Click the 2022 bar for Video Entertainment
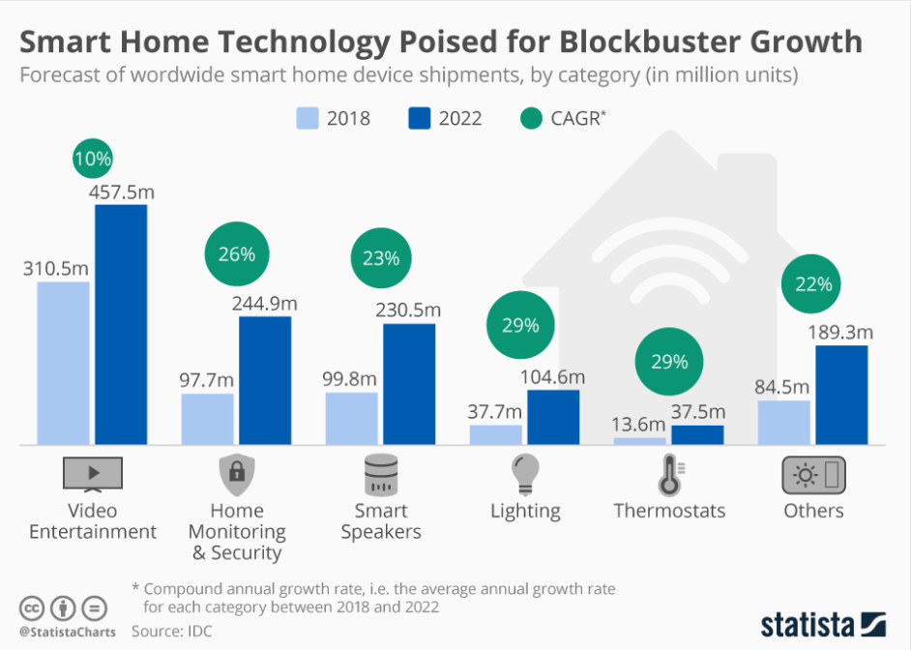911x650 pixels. pyautogui.click(x=121, y=324)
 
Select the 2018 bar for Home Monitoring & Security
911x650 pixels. pyautogui.click(x=207, y=419)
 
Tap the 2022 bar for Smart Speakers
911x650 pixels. pyautogui.click(x=409, y=384)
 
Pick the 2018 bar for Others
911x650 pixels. pyautogui.click(x=783, y=423)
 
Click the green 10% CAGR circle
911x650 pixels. pyautogui.click(x=94, y=158)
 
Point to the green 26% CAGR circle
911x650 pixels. pyautogui.click(x=237, y=254)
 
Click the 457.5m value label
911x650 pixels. pyautogui.click(x=122, y=192)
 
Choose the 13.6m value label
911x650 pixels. pyautogui.click(x=639, y=424)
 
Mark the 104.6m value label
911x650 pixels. pyautogui.click(x=554, y=377)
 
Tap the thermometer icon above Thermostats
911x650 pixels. pyautogui.click(x=668, y=476)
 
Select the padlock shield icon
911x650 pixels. pyautogui.click(x=236, y=474)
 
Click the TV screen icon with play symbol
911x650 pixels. pyautogui.click(x=93, y=474)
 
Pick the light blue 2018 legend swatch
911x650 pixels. pyautogui.click(x=307, y=119)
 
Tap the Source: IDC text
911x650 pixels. pyautogui.click(x=171, y=631)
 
